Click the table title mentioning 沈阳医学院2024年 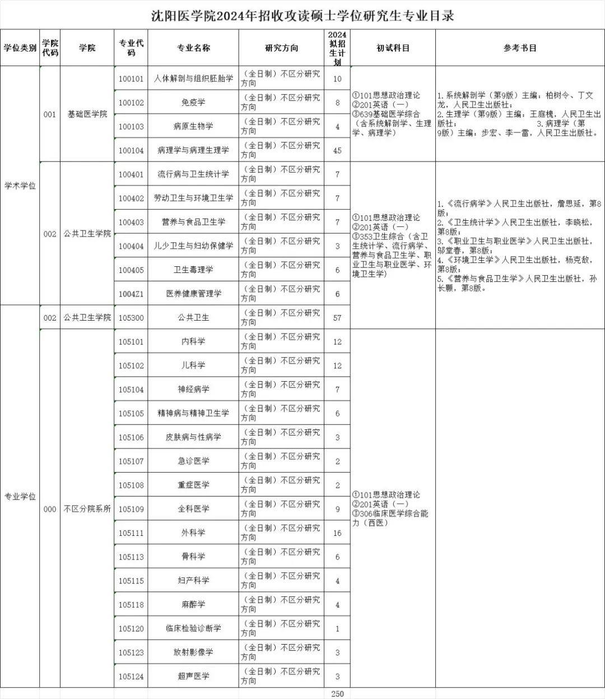[x=302, y=16]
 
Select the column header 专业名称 [x=193, y=48]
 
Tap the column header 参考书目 [x=520, y=48]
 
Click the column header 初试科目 [x=393, y=48]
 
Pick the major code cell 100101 [x=131, y=79]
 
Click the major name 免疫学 [x=193, y=103]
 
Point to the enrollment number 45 [x=337, y=150]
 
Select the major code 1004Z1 [x=131, y=294]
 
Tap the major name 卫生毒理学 [x=193, y=270]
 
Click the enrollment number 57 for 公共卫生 [x=337, y=318]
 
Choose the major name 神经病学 [x=193, y=389]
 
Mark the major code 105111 [x=131, y=533]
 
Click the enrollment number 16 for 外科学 [x=337, y=533]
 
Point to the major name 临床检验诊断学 [x=193, y=628]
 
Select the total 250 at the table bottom [x=337, y=694]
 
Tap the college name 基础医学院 [x=87, y=114]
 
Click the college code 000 [x=50, y=509]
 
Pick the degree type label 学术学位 [x=20, y=186]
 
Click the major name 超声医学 [x=193, y=676]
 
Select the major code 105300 [x=131, y=318]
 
